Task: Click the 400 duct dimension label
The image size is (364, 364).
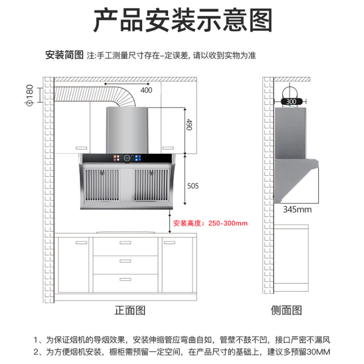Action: coord(146,90)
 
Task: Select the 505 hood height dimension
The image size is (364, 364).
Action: coord(193,186)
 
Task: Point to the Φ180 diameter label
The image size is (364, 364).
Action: coord(30,95)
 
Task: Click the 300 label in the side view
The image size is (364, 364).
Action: coord(291,102)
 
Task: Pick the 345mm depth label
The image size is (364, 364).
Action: coord(297,210)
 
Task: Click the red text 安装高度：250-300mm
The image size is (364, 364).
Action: coord(210,223)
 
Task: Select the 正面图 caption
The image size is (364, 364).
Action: coord(130,311)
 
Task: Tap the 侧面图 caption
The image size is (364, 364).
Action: coord(286,311)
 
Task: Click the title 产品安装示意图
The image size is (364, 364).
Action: coord(182,20)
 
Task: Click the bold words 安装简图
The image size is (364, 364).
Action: coord(64,56)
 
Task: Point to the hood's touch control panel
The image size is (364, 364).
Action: coord(127,159)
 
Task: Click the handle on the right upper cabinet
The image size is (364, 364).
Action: coord(168,148)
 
